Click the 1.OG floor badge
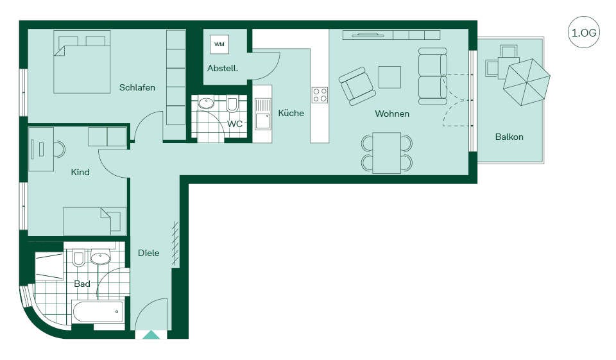click(584, 32)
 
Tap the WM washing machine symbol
click(219, 44)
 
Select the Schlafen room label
click(137, 87)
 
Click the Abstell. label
click(223, 68)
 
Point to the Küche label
click(291, 113)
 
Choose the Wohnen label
click(392, 114)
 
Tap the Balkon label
click(509, 137)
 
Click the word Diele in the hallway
click(148, 253)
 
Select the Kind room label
click(80, 172)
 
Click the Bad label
click(82, 284)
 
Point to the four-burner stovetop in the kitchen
click(320, 95)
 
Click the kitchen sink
click(262, 114)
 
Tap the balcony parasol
click(527, 82)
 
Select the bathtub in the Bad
click(98, 312)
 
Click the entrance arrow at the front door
click(151, 335)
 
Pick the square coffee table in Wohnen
click(389, 77)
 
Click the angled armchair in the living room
click(357, 86)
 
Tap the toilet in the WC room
click(232, 104)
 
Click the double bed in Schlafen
click(81, 62)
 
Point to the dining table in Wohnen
click(387, 153)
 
